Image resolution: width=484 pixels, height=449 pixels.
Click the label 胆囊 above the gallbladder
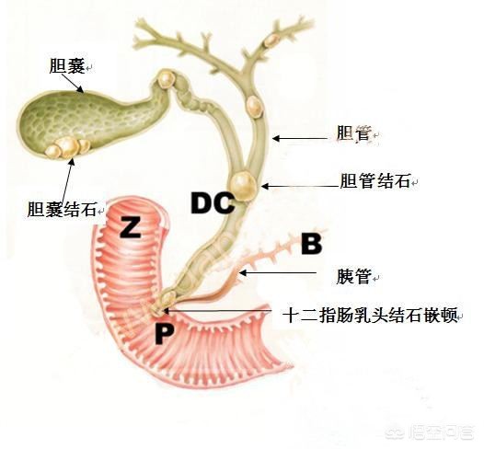(x=67, y=65)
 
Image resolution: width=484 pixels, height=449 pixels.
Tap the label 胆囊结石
(x=63, y=209)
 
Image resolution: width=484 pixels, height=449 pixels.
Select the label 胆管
(x=353, y=134)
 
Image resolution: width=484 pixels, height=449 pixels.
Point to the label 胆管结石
(x=375, y=181)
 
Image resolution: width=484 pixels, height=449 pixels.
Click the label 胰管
(x=353, y=275)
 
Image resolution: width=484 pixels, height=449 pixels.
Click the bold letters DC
(x=212, y=203)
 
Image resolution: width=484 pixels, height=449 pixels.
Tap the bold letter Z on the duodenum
(x=131, y=227)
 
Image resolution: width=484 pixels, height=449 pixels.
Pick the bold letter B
(x=311, y=244)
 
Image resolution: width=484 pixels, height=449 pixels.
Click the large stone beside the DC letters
(x=244, y=186)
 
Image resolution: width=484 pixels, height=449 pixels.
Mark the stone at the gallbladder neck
(x=166, y=80)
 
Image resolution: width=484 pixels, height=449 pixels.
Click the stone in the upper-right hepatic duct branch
(x=271, y=40)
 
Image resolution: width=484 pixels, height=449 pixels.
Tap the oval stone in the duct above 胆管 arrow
(x=254, y=106)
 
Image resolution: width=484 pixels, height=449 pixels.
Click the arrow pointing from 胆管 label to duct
(x=299, y=138)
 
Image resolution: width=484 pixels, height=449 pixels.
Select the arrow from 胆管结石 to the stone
(x=300, y=186)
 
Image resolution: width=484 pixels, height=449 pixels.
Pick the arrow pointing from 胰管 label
(x=278, y=272)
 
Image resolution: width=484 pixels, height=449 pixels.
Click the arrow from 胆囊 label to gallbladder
(x=72, y=83)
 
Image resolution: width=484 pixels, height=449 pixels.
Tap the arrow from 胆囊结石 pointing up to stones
(x=67, y=179)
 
